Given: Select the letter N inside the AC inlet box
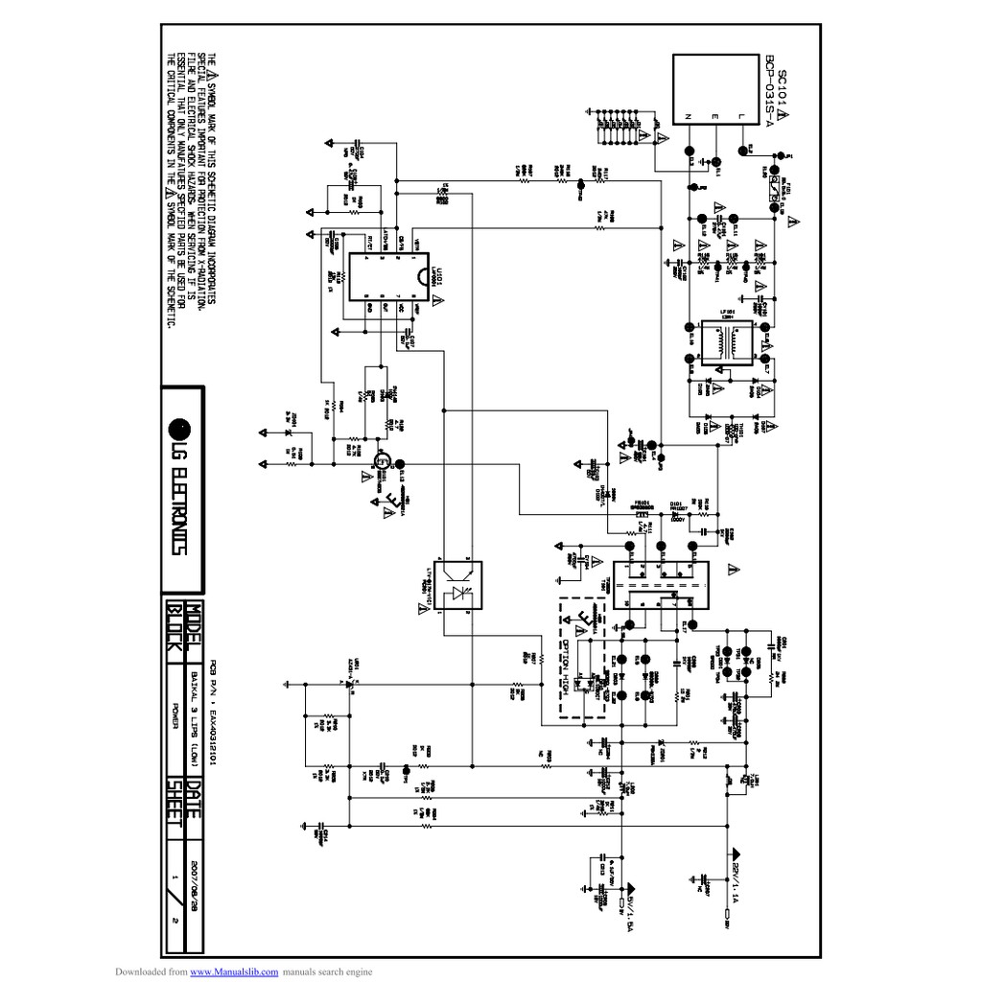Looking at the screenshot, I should point(688,117).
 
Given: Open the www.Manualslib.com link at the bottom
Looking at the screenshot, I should point(234,972).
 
